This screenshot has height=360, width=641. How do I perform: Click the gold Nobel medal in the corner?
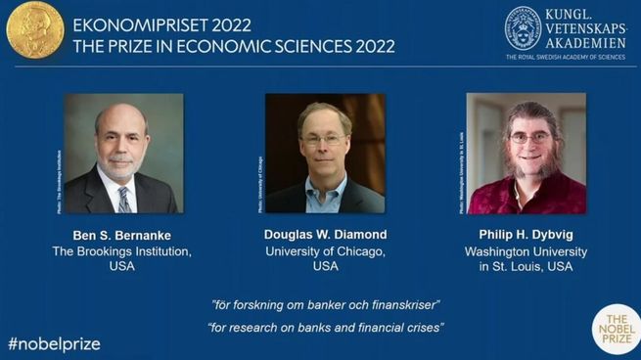pos(34,28)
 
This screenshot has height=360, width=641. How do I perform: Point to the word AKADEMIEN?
pos(586,42)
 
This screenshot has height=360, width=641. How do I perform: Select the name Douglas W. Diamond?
pos(325,235)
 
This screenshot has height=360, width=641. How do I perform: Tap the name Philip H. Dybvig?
pos(527,235)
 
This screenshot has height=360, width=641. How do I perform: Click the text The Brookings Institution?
pos(122,251)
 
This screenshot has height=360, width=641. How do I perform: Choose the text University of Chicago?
pos(325,251)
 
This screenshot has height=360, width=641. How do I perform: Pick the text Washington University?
pos(527,251)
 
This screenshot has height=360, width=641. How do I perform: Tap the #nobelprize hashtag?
pos(54,344)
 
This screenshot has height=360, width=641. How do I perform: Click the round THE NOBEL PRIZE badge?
pos(616,330)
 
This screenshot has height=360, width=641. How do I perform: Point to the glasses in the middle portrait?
pos(324,140)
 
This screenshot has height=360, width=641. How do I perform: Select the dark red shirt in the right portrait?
pos(527,196)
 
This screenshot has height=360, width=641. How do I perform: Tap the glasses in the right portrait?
pos(529,139)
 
